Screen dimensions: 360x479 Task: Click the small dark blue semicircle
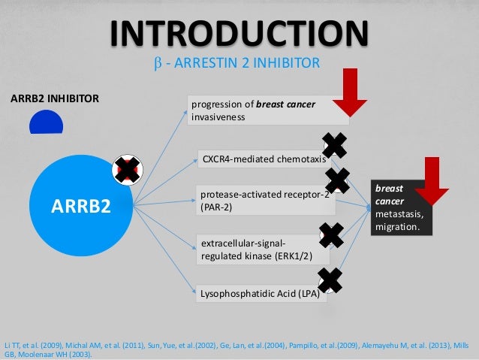[46, 123]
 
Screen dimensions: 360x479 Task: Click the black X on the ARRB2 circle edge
[127, 171]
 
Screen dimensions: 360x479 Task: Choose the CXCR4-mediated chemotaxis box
[263, 159]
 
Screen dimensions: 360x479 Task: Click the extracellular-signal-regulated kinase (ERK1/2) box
[255, 250]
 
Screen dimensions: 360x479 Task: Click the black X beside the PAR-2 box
[336, 181]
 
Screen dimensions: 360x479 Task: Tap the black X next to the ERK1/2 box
[331, 236]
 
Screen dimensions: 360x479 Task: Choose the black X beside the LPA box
[331, 280]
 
